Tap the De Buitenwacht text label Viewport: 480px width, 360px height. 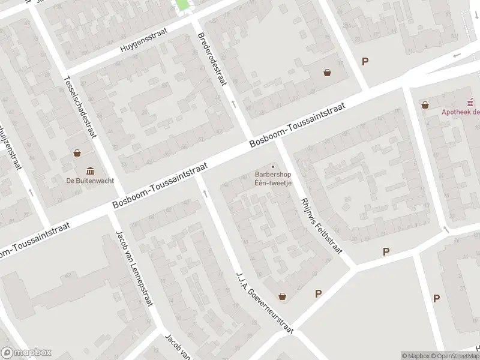click(x=90, y=181)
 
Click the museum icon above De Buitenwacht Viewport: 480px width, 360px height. click(x=90, y=169)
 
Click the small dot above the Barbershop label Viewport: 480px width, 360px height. click(x=273, y=167)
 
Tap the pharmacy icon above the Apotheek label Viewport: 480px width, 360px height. click(x=472, y=101)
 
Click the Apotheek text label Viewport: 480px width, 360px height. click(x=460, y=111)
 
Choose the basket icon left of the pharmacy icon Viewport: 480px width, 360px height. click(x=425, y=105)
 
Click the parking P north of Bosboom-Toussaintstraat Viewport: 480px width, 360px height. click(x=365, y=61)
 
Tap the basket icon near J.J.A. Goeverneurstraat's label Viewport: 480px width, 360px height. click(x=282, y=296)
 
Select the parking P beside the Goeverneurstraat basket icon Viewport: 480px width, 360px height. click(x=319, y=293)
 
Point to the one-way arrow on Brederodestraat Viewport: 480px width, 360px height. click(x=234, y=104)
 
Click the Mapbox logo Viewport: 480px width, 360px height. click(x=26, y=353)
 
